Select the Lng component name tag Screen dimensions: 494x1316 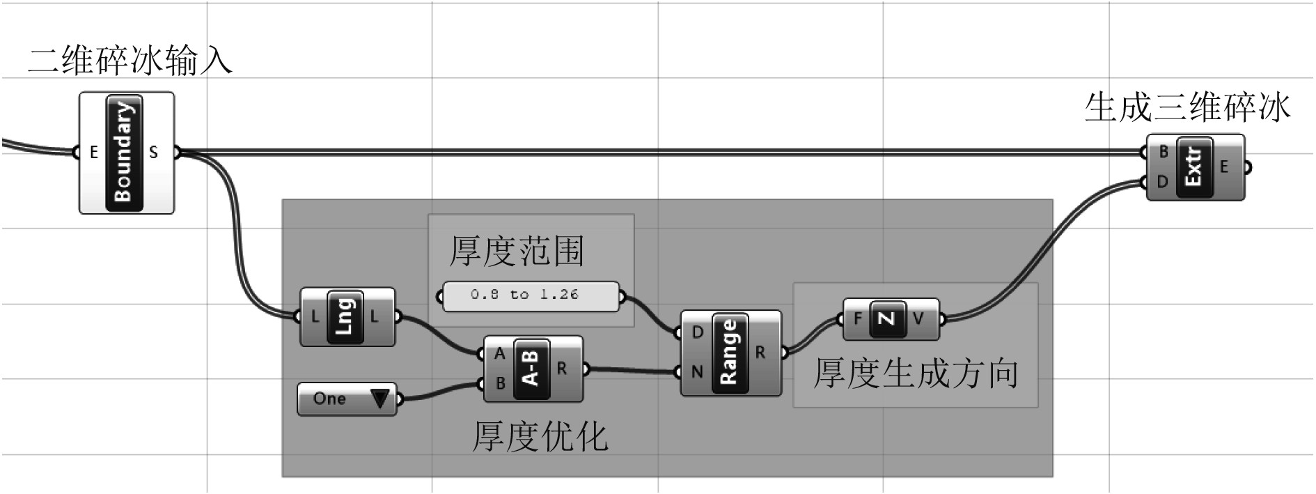point(345,317)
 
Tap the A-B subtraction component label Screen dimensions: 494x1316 point(531,369)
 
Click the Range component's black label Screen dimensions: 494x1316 point(728,353)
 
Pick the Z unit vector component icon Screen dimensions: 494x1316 point(886,319)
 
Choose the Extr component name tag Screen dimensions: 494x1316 point(1193,167)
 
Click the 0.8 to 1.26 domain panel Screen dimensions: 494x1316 point(531,295)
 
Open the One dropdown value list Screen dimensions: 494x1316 point(379,399)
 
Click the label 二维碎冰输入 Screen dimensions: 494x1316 point(130,61)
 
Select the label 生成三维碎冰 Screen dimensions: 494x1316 point(1187,109)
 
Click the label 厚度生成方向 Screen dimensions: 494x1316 point(916,374)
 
